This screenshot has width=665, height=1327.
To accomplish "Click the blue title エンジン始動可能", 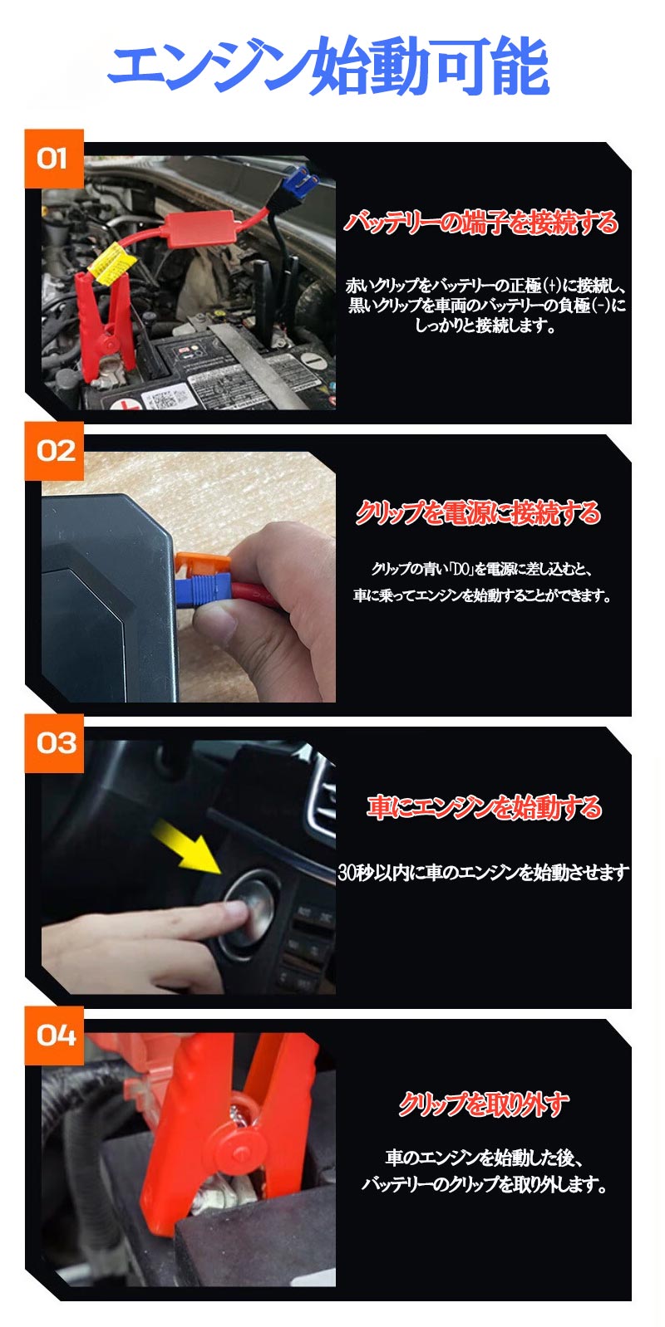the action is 328,66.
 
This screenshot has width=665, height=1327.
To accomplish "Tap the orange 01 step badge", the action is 54,158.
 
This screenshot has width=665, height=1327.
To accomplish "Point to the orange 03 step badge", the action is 54,742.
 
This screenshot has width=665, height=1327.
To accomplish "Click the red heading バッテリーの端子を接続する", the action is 481,223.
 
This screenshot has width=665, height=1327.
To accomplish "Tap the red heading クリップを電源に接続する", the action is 478,513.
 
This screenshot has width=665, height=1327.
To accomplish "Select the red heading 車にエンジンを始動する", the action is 484,807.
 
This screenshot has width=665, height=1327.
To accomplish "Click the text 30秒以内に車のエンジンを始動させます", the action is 483,872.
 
